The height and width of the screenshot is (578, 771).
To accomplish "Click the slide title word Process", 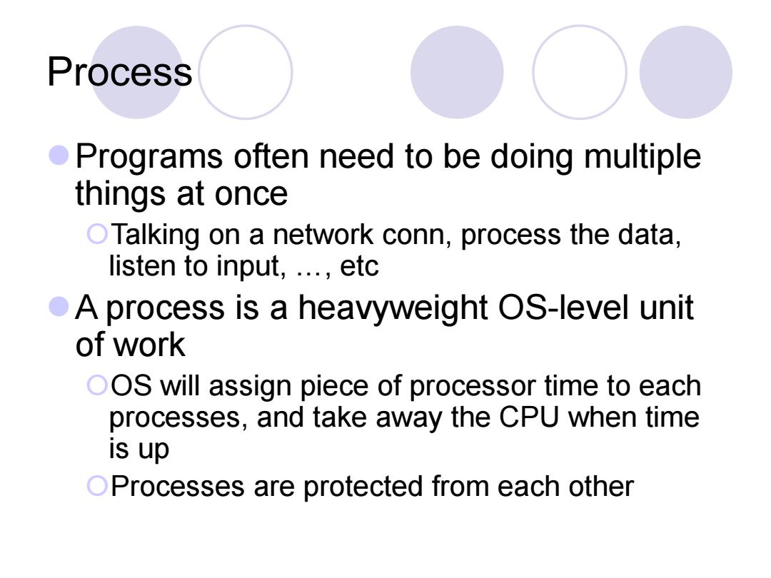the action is [119, 72].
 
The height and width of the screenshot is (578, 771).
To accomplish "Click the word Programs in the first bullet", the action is [149, 157].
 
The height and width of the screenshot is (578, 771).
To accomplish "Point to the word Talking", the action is [155, 235].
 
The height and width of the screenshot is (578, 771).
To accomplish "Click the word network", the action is [323, 235].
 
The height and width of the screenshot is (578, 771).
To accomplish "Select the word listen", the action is [142, 266].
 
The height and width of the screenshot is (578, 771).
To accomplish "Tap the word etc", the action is [359, 267].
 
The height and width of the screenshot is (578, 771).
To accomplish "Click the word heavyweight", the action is [393, 309].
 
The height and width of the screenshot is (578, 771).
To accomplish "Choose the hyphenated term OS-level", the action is [564, 308].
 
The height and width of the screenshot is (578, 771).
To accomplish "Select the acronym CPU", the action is [529, 417].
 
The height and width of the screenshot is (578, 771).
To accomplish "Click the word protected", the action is [363, 487].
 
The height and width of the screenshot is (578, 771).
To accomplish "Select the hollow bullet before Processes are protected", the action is [97, 486].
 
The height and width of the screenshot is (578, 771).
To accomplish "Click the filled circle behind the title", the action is [137, 72].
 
